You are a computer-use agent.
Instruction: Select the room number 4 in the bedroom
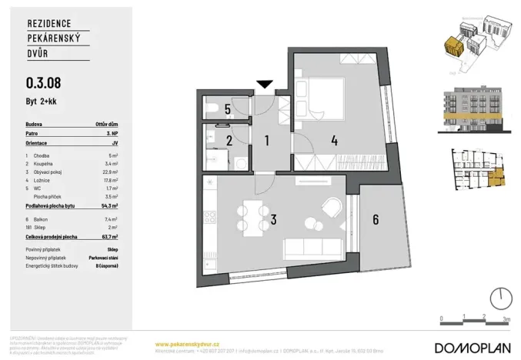[x=333, y=141]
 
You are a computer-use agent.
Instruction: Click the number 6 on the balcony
[x=375, y=219]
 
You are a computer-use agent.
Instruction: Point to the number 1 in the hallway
[x=266, y=141]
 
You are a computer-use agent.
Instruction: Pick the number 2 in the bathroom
[x=229, y=141]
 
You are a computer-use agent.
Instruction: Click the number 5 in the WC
[x=228, y=109]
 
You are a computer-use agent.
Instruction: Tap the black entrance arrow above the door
[x=266, y=84]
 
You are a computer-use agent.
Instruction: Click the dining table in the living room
[x=250, y=219]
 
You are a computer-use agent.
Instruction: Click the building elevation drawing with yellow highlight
[x=472, y=109]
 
